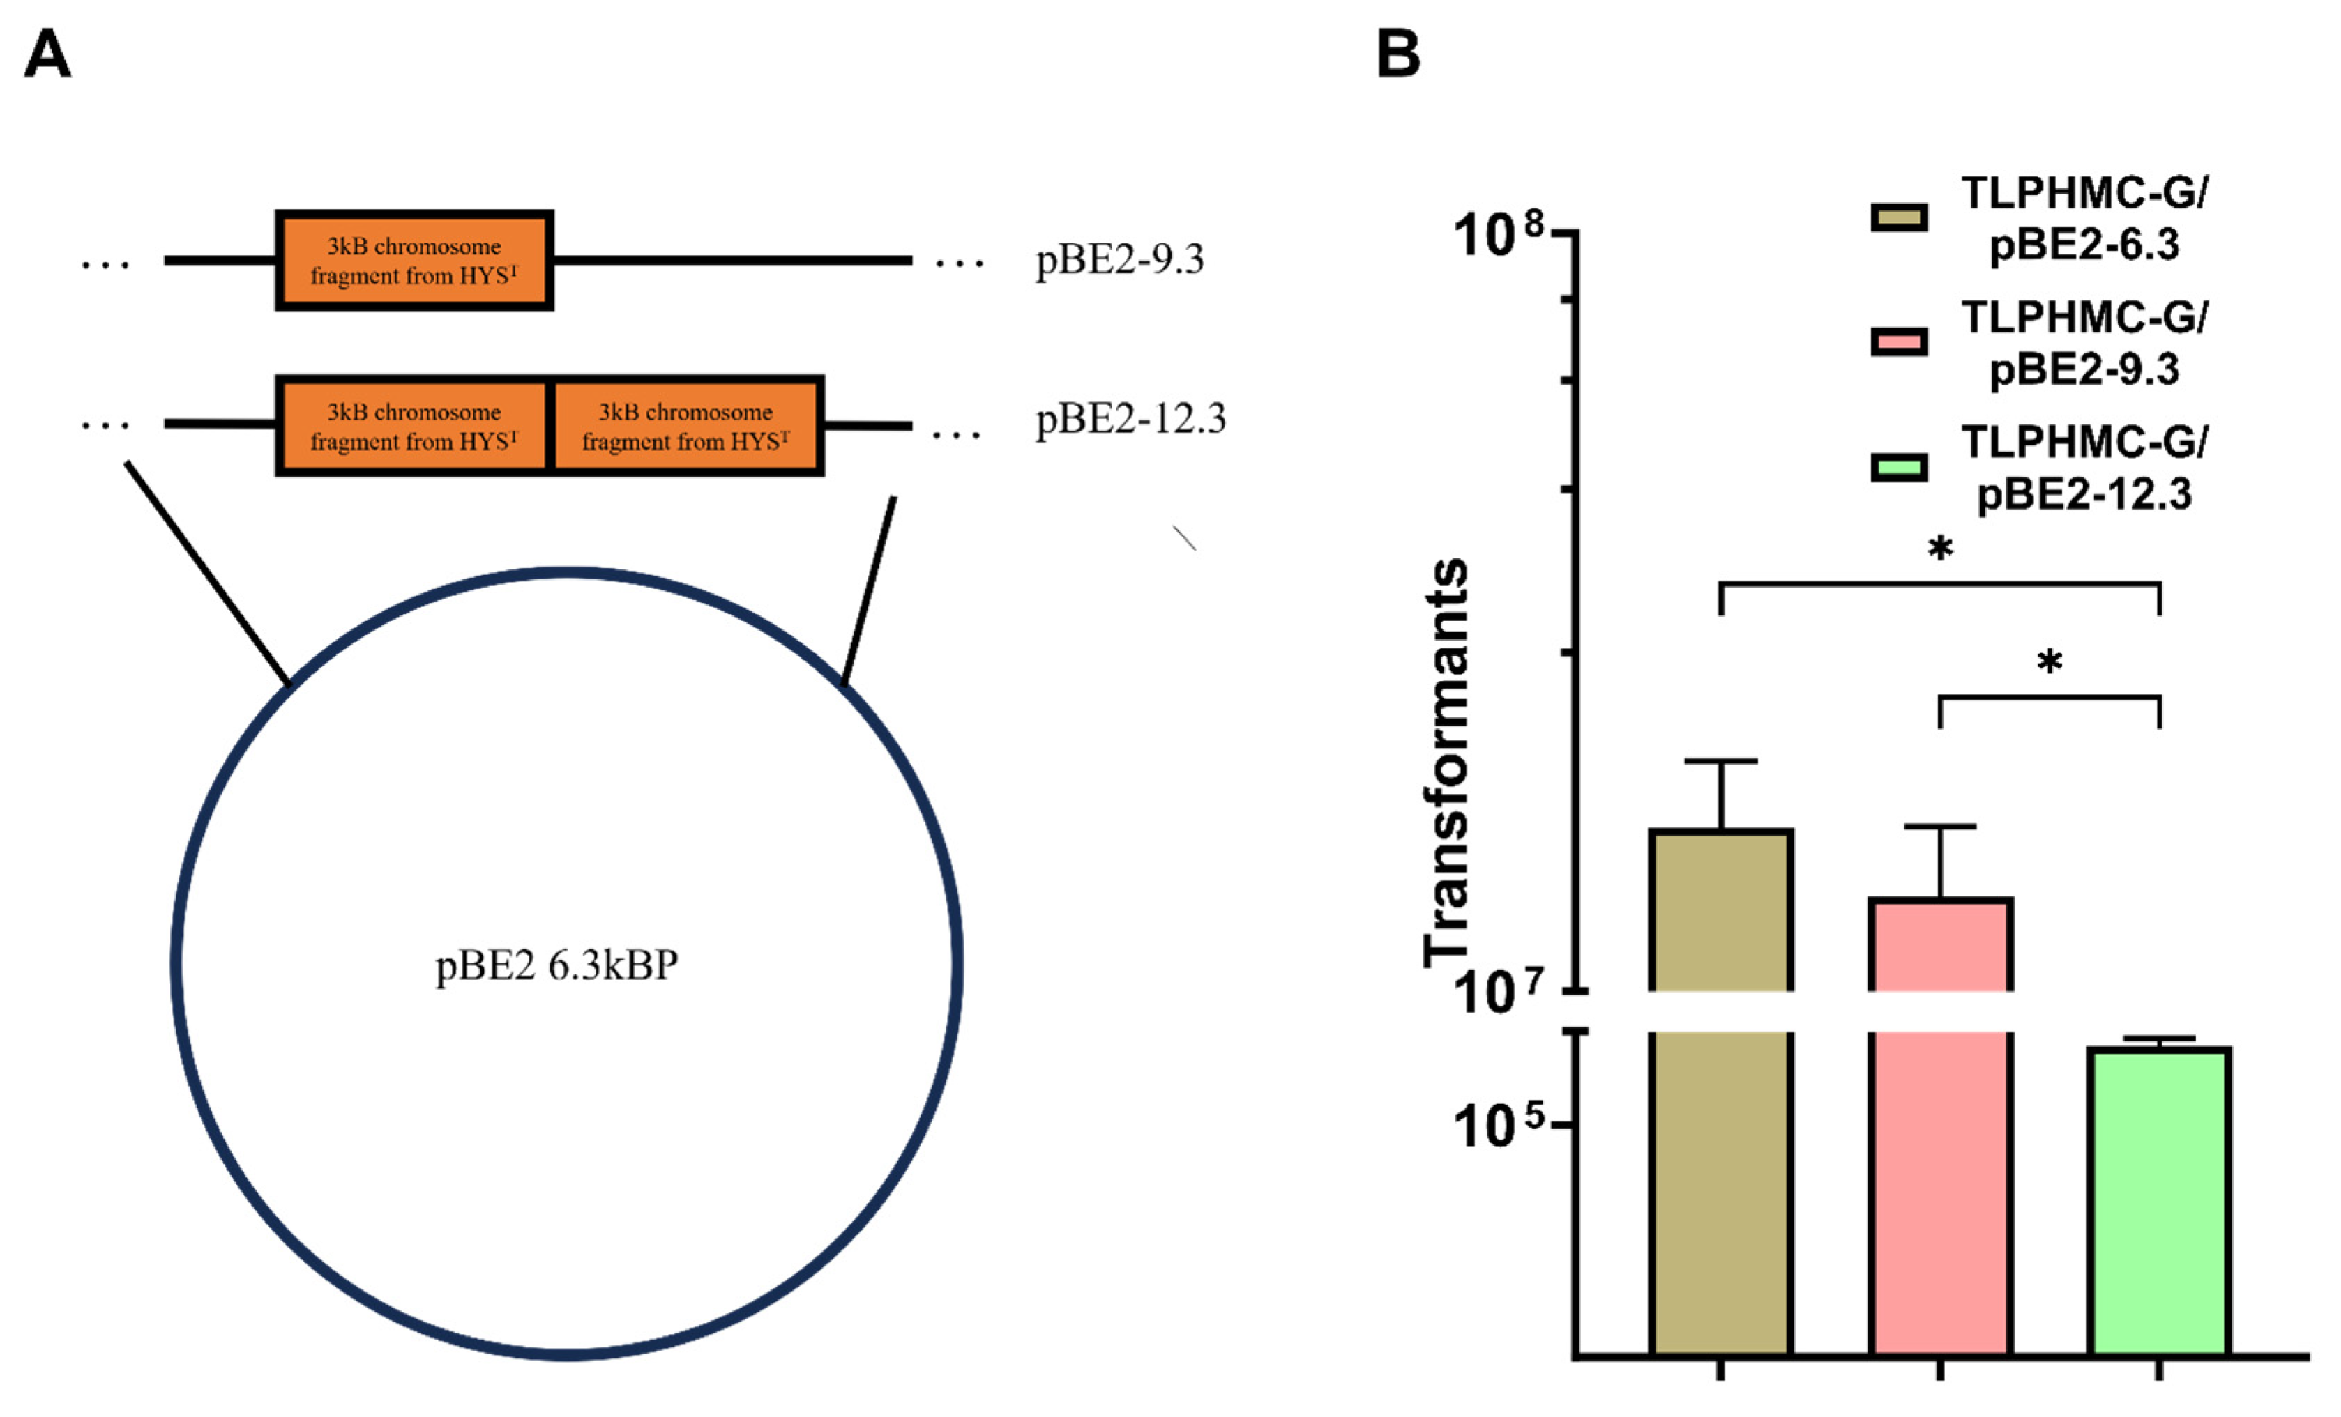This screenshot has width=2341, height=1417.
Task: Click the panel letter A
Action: coord(47,54)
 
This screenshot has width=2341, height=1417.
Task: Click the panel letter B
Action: coord(1397,54)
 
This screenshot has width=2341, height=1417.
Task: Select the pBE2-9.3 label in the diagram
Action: coord(1119,259)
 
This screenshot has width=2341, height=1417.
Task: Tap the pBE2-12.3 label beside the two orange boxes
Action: coord(1130,419)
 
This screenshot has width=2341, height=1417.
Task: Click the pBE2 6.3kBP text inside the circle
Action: coord(556,966)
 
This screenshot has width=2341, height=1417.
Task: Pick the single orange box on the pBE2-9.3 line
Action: coord(414,260)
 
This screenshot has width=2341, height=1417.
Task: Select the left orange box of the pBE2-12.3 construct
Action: coord(414,425)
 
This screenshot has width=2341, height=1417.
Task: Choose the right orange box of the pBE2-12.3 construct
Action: coord(686,425)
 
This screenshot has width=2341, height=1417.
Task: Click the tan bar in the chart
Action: coord(1720,1092)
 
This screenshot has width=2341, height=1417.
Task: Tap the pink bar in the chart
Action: coord(1940,1126)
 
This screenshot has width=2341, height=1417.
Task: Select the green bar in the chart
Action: coord(2160,1202)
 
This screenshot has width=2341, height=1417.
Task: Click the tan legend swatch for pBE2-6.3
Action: coord(1899,217)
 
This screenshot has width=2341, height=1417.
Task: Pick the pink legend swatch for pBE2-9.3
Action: coord(1899,342)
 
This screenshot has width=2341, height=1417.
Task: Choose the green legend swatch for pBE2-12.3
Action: coord(1899,467)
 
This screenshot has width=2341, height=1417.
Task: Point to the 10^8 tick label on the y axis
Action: coord(1501,235)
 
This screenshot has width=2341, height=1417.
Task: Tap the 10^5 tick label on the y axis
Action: coord(1501,1127)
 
